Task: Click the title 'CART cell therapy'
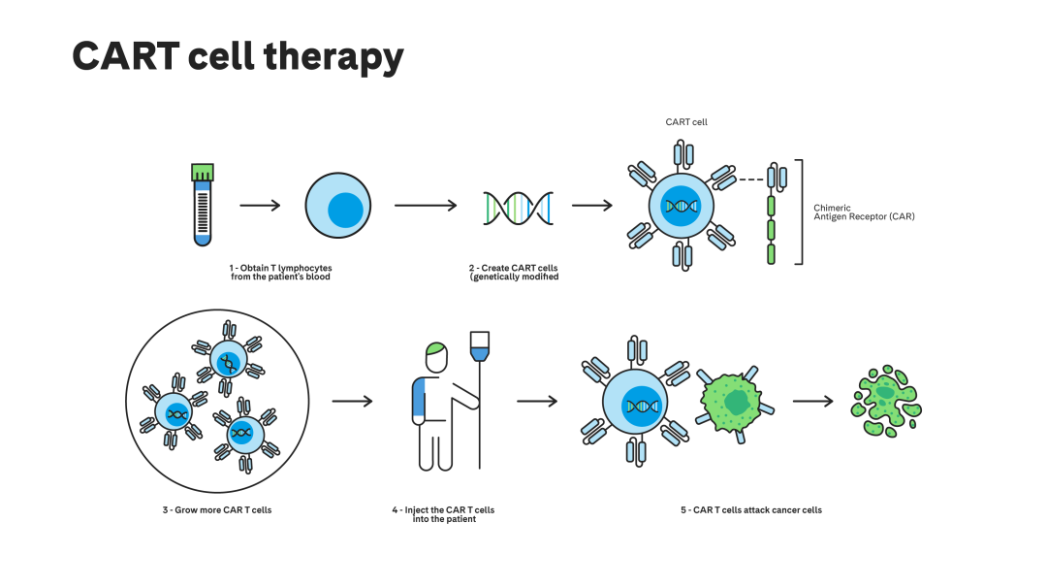click(x=238, y=57)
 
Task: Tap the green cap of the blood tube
click(x=202, y=173)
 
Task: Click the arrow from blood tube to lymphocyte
click(x=259, y=206)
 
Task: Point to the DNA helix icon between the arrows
click(x=518, y=207)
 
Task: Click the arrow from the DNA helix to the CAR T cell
click(x=591, y=206)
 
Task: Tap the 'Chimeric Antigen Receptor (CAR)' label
click(x=863, y=212)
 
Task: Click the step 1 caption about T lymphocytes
click(x=281, y=272)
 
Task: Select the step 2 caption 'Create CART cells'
click(x=514, y=272)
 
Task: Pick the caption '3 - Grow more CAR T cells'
click(x=217, y=509)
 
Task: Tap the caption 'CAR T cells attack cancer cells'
click(x=750, y=509)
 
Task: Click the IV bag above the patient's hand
click(x=479, y=347)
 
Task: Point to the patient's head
click(x=436, y=356)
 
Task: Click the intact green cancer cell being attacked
click(x=734, y=400)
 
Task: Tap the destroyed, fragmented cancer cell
click(x=885, y=401)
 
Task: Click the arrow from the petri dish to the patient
click(x=352, y=401)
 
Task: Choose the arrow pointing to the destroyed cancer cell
click(x=812, y=401)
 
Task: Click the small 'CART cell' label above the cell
click(x=685, y=122)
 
